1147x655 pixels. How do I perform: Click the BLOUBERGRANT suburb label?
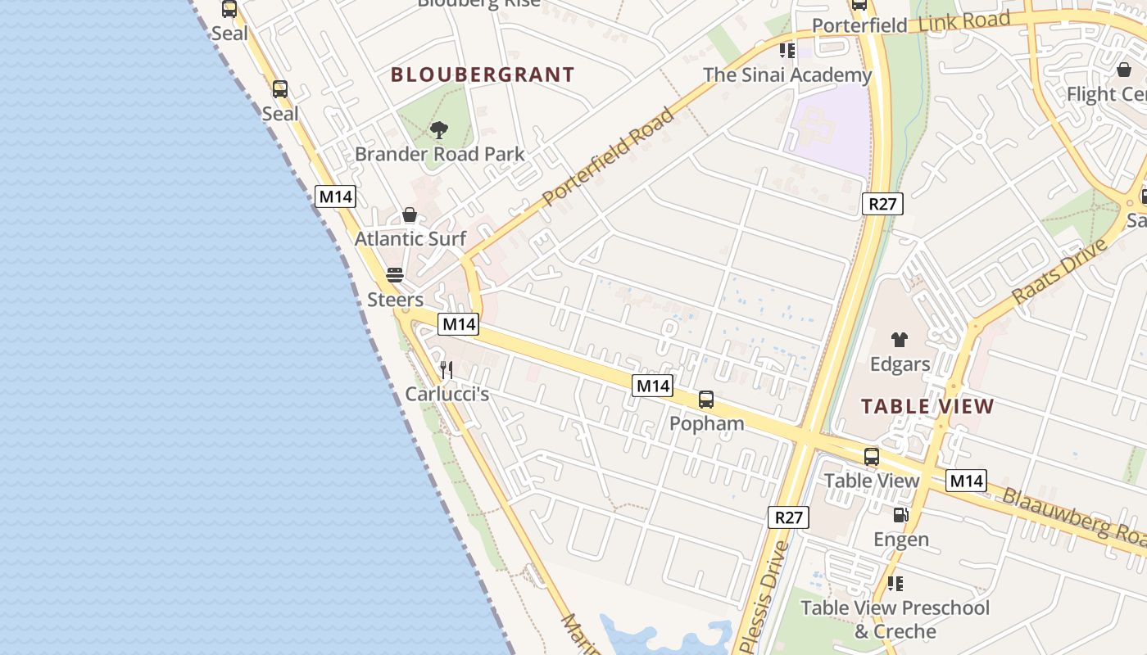pyautogui.click(x=483, y=75)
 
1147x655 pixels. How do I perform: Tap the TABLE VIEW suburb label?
pyautogui.click(x=927, y=406)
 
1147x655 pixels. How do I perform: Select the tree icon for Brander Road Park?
pyautogui.click(x=439, y=129)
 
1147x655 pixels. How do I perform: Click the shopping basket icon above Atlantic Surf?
pyautogui.click(x=410, y=215)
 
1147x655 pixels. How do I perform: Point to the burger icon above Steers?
pyautogui.click(x=395, y=275)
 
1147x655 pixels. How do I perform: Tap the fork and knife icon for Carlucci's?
pyautogui.click(x=447, y=370)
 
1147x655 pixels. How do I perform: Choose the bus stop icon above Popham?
pyautogui.click(x=706, y=400)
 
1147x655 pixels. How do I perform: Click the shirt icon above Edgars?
pyautogui.click(x=900, y=340)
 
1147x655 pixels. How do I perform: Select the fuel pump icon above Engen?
pyautogui.click(x=900, y=515)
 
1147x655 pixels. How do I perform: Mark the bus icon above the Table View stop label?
pyautogui.click(x=872, y=457)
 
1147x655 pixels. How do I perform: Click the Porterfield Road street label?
pyautogui.click(x=608, y=156)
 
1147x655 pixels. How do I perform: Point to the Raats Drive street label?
pyautogui.click(x=1059, y=271)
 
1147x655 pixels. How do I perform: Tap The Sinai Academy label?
pyautogui.click(x=787, y=75)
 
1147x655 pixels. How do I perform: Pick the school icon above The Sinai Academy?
pyautogui.click(x=787, y=51)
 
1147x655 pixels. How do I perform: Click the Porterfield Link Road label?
pyautogui.click(x=910, y=24)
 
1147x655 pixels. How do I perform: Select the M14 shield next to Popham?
pyautogui.click(x=652, y=386)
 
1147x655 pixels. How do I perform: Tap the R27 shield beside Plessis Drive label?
pyautogui.click(x=788, y=517)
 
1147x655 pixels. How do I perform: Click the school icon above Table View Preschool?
pyautogui.click(x=895, y=584)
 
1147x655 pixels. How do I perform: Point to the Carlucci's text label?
pyautogui.click(x=447, y=395)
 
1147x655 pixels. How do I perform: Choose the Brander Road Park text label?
pyautogui.click(x=440, y=154)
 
